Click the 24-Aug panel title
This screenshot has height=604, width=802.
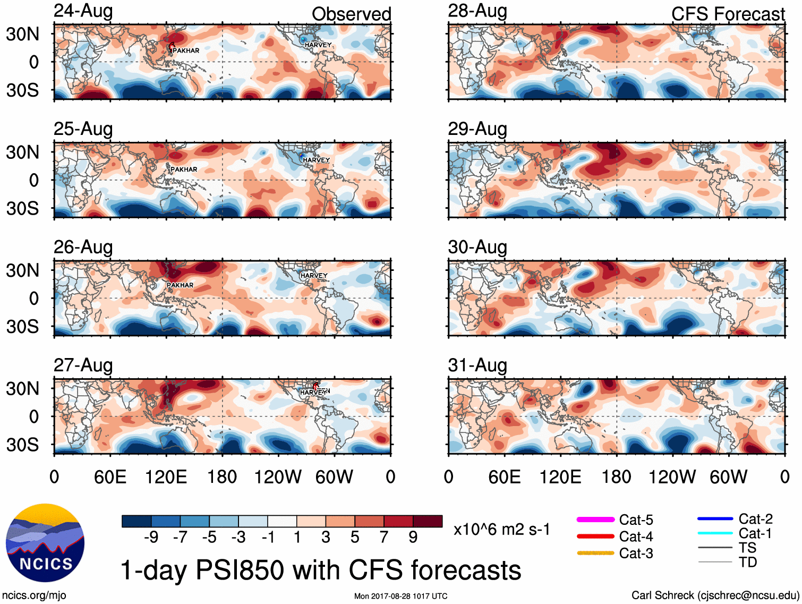(x=83, y=11)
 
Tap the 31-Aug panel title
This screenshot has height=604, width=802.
(x=477, y=365)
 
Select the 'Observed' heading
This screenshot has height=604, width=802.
(x=351, y=14)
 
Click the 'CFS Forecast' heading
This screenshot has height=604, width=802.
(x=728, y=14)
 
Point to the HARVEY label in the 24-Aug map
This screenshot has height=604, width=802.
(x=318, y=45)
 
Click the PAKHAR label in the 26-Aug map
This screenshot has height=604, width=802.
(x=180, y=285)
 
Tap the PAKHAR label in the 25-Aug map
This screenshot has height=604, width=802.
(x=184, y=169)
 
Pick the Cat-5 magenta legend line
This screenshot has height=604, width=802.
(x=595, y=520)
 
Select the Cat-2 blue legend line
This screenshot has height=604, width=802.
(x=715, y=518)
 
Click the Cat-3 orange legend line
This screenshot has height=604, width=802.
(x=595, y=553)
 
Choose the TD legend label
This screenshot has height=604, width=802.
(x=748, y=562)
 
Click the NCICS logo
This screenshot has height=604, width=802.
(x=45, y=542)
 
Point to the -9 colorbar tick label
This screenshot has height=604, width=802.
(x=151, y=538)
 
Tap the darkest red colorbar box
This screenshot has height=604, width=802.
(x=428, y=521)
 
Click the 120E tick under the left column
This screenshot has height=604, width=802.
(x=166, y=477)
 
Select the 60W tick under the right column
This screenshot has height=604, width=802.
(x=728, y=477)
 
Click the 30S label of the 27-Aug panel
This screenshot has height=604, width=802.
(x=22, y=445)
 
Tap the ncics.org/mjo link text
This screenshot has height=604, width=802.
(x=34, y=596)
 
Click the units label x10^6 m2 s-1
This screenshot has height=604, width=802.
(x=502, y=530)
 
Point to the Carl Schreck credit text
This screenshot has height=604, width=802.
(x=715, y=596)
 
